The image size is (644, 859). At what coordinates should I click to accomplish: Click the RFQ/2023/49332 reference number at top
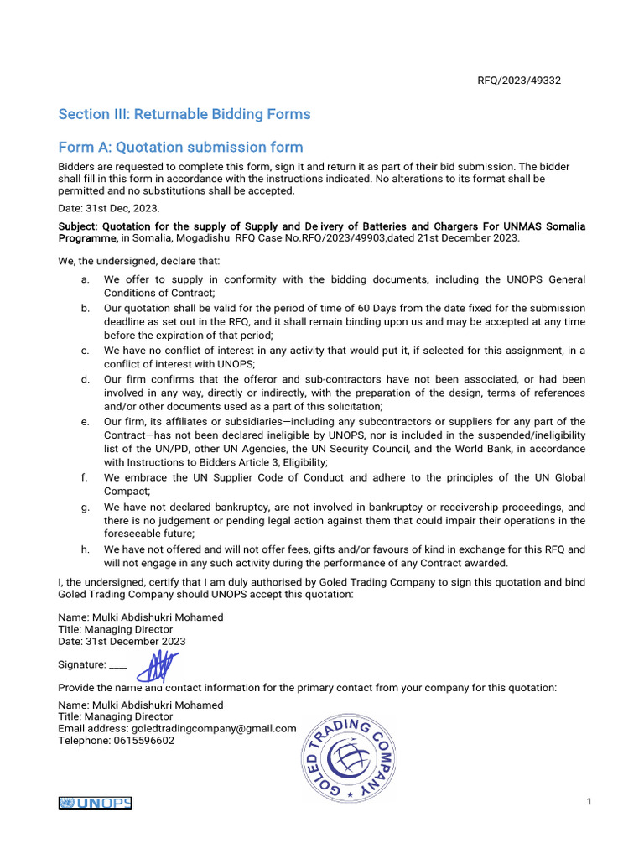tap(519, 81)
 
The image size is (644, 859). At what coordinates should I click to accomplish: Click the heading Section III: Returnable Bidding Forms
tap(184, 114)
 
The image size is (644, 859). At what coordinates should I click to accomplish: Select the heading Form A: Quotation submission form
tap(180, 148)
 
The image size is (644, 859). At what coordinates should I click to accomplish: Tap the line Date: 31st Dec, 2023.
tap(108, 208)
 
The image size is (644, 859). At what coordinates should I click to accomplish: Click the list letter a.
tap(85, 279)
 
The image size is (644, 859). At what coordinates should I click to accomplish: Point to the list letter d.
tap(85, 380)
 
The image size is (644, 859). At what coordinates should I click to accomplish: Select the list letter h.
tap(85, 549)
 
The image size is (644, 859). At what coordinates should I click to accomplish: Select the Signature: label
tap(82, 664)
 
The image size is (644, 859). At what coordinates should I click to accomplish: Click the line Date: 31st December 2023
tap(122, 641)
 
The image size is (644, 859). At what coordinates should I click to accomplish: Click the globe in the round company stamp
tap(349, 759)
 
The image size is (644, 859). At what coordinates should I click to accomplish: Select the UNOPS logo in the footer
tap(96, 803)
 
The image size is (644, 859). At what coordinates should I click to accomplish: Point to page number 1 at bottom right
tap(589, 803)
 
